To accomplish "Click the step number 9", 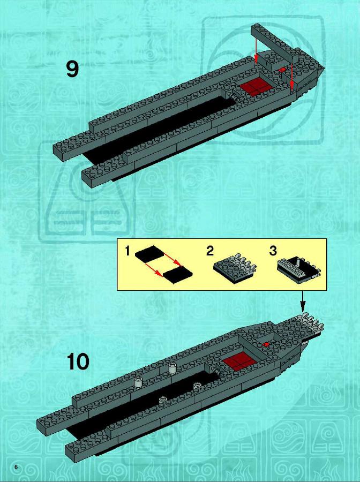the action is click(x=72, y=69).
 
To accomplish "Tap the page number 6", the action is click(x=16, y=467).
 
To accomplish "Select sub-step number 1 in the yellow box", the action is click(x=127, y=251).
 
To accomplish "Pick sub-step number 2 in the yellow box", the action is click(x=210, y=251).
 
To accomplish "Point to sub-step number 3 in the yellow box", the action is click(x=273, y=251).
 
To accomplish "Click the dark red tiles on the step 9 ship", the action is click(x=256, y=85).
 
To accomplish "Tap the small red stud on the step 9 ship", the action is click(x=282, y=70).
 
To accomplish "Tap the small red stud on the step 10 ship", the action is click(x=266, y=344).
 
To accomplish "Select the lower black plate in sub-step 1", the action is click(x=178, y=274).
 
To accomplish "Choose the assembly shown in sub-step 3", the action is click(x=299, y=268).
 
